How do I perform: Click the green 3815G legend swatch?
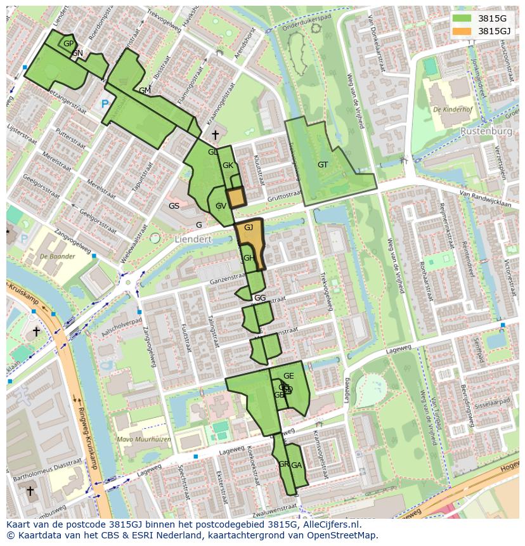(462, 18)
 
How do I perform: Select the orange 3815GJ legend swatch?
(462, 31)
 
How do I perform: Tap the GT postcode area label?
(323, 165)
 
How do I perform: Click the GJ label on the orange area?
(249, 227)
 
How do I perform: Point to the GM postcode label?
(145, 91)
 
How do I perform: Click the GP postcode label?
(68, 43)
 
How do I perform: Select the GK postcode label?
(228, 166)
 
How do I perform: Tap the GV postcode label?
(221, 206)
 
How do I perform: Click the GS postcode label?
(174, 206)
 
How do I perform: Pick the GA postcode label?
(296, 465)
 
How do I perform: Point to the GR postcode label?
(283, 464)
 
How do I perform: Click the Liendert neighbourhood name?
(193, 239)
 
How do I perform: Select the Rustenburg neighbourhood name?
(487, 131)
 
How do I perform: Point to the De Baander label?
(56, 257)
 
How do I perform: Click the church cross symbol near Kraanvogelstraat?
(215, 134)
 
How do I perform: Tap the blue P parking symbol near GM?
(104, 104)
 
